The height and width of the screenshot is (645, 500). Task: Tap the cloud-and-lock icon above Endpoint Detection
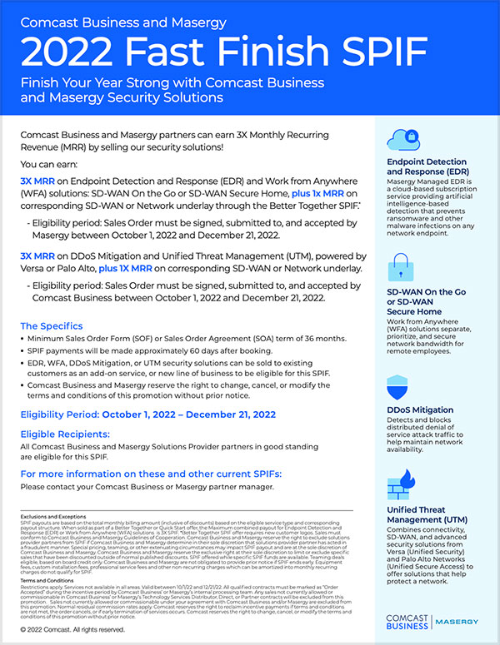click(x=402, y=136)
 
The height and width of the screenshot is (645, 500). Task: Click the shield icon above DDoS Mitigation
click(x=402, y=389)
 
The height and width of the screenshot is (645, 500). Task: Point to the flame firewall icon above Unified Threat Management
click(x=403, y=484)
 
